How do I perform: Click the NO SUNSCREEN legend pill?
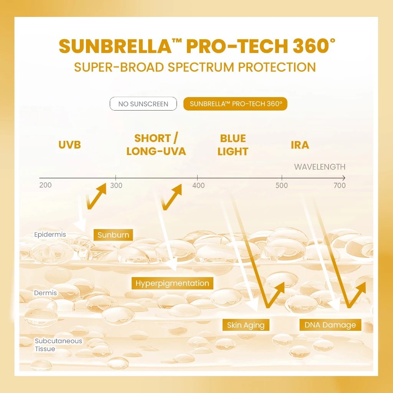[x=143, y=104]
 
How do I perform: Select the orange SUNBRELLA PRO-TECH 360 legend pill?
[x=235, y=104]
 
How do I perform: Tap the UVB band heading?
[x=70, y=145]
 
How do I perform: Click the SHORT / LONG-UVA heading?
[x=156, y=145]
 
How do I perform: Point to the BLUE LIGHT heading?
[x=233, y=145]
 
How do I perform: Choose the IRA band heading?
[x=300, y=145]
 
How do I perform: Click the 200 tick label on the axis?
[x=45, y=185]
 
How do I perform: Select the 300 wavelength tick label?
[x=116, y=186]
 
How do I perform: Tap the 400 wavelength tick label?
[x=198, y=186]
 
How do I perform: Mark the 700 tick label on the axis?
[x=340, y=186]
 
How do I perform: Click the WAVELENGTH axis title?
[x=320, y=167]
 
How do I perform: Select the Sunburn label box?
[x=113, y=235]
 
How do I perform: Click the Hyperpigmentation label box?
[x=172, y=284]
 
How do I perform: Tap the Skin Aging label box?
[x=246, y=325]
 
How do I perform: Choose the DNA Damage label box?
[x=330, y=325]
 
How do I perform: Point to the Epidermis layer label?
[x=50, y=234]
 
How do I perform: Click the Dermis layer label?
[x=45, y=293]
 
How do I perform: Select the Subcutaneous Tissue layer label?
[x=58, y=345]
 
